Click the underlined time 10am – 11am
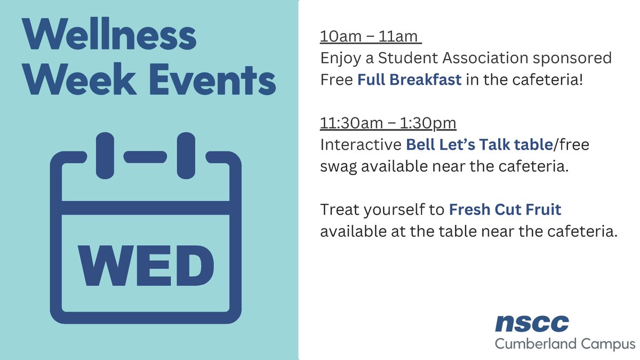pos(371,39)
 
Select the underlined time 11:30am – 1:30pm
pos(388,123)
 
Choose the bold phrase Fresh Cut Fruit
pos(505,210)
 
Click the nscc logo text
pos(531,323)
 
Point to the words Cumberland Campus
pos(564,344)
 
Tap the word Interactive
pos(361,145)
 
